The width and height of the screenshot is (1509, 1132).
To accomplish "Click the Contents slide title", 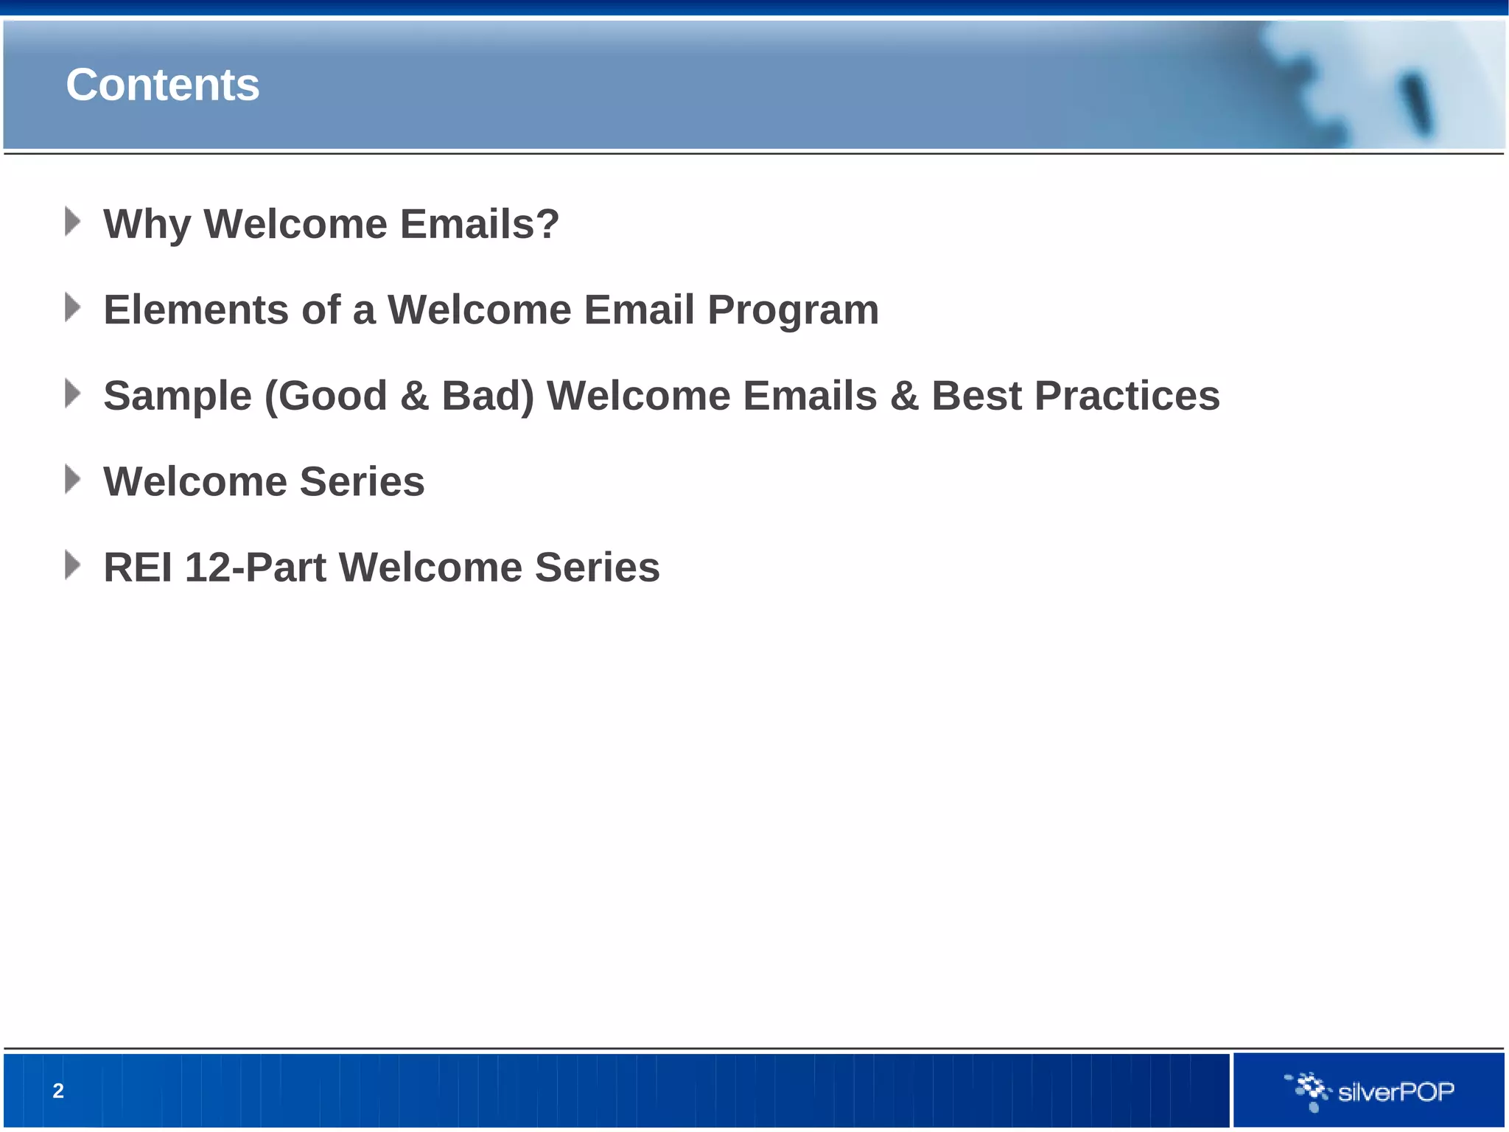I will [x=162, y=85].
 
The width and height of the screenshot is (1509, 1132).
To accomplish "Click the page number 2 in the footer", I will [x=58, y=1091].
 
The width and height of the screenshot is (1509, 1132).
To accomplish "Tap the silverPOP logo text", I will [x=1396, y=1091].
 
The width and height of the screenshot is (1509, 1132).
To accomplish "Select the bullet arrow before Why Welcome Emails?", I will [x=72, y=222].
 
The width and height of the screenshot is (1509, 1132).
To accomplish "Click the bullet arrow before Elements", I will [x=72, y=307].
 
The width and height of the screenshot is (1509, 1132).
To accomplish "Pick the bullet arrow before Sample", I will [x=72, y=394].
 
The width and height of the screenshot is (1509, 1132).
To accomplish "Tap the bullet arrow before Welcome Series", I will [x=72, y=480].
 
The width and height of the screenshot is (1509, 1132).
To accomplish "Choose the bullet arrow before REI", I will [x=72, y=565].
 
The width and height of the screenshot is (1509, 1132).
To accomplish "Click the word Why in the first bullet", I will [x=147, y=224].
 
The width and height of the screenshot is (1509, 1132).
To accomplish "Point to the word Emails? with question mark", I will [x=480, y=224].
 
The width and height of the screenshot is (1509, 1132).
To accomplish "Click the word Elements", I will [x=196, y=310].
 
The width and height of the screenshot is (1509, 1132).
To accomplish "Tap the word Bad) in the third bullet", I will [x=488, y=396].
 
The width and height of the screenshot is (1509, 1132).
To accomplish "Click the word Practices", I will [x=1127, y=396].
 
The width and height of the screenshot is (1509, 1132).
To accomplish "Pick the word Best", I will [x=976, y=396].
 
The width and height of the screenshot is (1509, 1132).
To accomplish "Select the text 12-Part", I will [x=255, y=567].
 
